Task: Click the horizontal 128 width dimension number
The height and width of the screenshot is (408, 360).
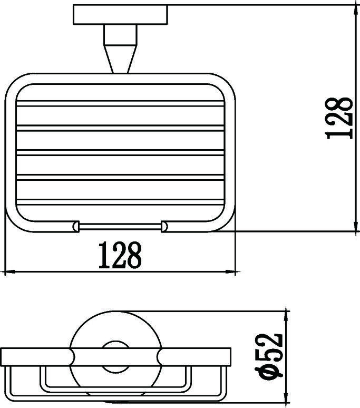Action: coord(120,255)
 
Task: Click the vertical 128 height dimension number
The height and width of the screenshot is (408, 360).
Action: coord(339,118)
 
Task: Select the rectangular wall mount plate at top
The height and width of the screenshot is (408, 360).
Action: coord(120,15)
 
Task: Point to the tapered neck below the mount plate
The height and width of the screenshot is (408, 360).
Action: coord(120,49)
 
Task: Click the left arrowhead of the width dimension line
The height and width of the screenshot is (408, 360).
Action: coord(10,272)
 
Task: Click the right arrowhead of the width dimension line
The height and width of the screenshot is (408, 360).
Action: coord(230,272)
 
